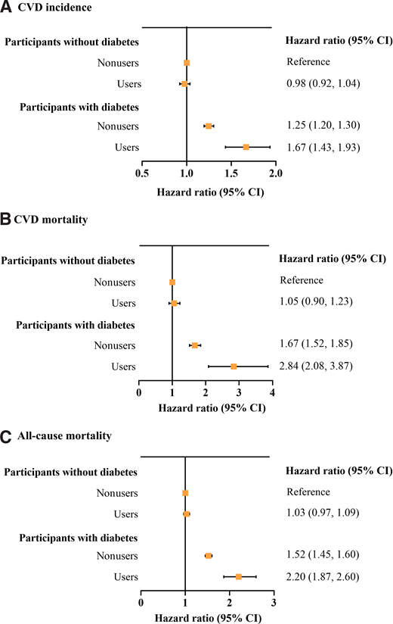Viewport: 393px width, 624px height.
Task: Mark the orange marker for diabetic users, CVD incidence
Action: coord(246,147)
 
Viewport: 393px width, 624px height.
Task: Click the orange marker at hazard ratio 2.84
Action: coord(234,367)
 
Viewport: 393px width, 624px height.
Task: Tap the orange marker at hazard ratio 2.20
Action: coord(239,577)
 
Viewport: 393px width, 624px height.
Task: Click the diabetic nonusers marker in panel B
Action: coord(195,345)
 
